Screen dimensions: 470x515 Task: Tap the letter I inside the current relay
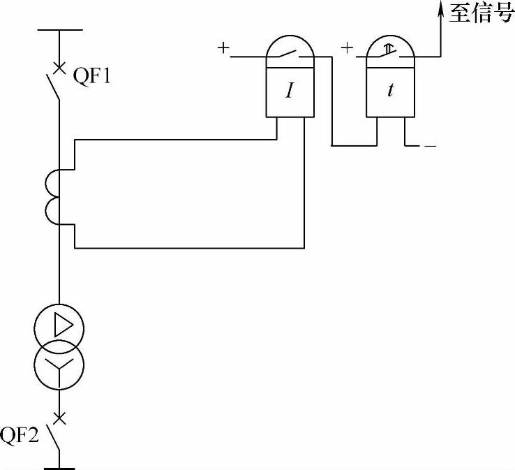tap(289, 91)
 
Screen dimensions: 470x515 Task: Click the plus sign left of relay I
tap(223, 48)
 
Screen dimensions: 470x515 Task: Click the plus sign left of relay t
tap(347, 48)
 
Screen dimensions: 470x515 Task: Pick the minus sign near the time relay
tap(430, 147)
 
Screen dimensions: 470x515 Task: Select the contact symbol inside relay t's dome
tap(391, 51)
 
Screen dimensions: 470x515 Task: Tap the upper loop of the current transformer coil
tap(53, 183)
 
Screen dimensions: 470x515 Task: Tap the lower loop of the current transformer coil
tap(53, 210)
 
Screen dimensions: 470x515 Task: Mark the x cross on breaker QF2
tap(60, 418)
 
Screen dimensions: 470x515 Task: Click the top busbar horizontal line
tap(60, 30)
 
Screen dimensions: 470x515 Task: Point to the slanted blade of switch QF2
tap(54, 439)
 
